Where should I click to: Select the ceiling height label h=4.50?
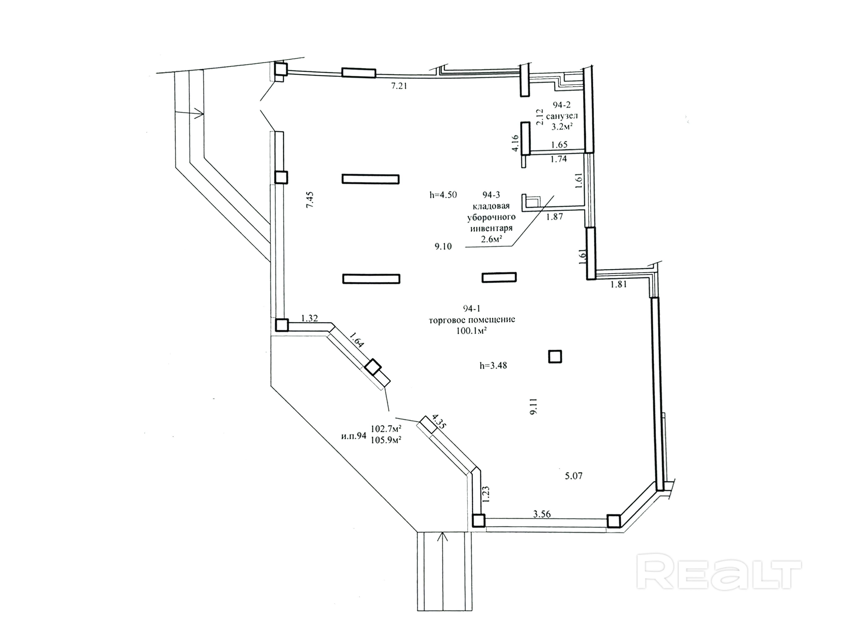point(443,195)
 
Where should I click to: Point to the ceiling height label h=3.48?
point(493,366)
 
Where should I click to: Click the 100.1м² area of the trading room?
point(471,331)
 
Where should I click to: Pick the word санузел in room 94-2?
point(562,115)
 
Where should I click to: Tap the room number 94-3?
point(491,195)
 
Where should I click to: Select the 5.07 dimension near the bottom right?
point(574,476)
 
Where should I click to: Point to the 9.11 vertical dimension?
point(534,407)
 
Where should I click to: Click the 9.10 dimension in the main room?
point(443,247)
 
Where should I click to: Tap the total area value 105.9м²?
point(386,440)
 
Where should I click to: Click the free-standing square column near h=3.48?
point(555,357)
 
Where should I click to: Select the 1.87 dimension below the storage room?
point(554,217)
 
